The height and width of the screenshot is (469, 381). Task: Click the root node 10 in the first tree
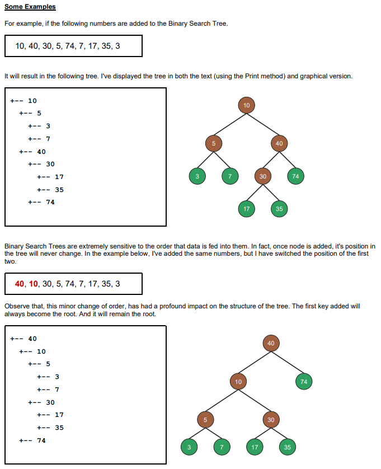pyautogui.click(x=246, y=105)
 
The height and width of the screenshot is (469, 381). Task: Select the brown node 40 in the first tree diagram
pyautogui.click(x=279, y=143)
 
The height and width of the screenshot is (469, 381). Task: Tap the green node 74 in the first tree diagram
pyautogui.click(x=296, y=176)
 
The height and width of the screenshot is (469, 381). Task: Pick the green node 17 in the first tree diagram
pyautogui.click(x=246, y=209)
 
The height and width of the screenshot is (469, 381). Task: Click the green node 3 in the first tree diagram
pyautogui.click(x=197, y=176)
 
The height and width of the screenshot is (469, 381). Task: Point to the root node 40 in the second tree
pyautogui.click(x=271, y=343)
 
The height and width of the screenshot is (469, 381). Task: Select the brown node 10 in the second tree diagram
pyautogui.click(x=238, y=382)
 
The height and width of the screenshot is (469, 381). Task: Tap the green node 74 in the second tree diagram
pyautogui.click(x=304, y=382)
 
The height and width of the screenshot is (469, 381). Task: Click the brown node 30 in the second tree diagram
pyautogui.click(x=271, y=419)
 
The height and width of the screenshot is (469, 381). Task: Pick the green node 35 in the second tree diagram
pyautogui.click(x=288, y=447)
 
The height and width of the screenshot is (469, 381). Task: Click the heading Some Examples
pyautogui.click(x=30, y=7)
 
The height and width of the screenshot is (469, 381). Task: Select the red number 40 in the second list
pyautogui.click(x=20, y=284)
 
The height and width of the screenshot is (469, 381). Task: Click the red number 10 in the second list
pyautogui.click(x=34, y=284)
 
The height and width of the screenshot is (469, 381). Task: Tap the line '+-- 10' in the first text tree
pyautogui.click(x=23, y=101)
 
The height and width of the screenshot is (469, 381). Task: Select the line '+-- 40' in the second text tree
pyautogui.click(x=23, y=339)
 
